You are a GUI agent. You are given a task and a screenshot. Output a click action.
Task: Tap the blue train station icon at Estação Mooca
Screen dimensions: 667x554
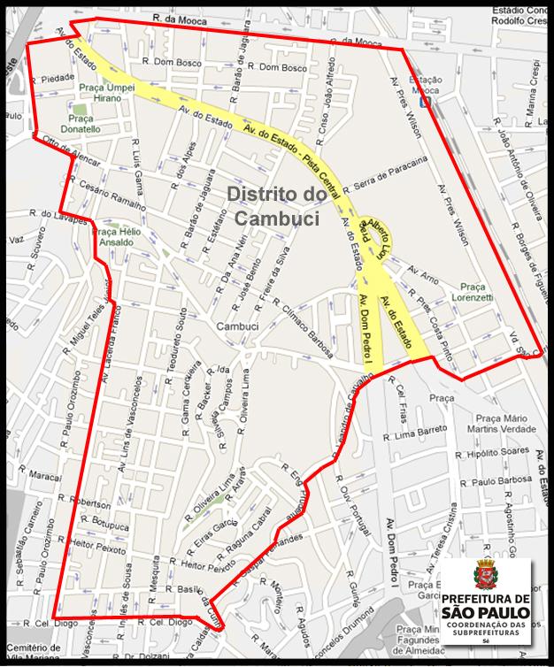click(427, 101)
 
